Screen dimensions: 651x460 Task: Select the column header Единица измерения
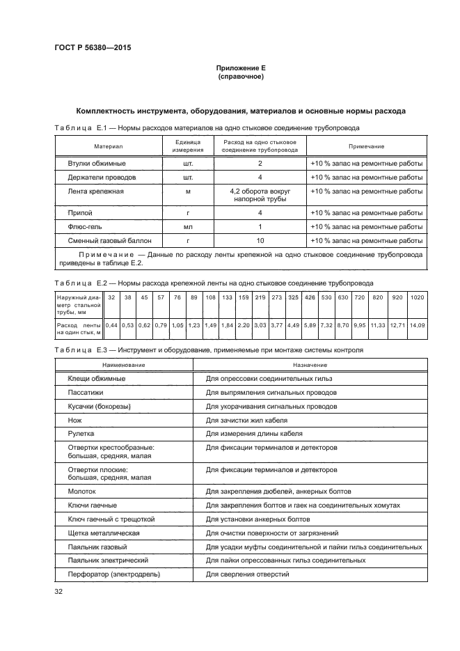point(183,146)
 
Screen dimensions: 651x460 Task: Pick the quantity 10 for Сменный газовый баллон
point(260,240)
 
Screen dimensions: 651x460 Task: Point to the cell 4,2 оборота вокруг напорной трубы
point(260,195)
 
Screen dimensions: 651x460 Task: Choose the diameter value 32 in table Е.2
point(111,297)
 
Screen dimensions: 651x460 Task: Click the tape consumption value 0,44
point(111,324)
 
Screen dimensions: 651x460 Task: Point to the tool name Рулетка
point(81,433)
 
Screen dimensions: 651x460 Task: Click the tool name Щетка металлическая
point(104,533)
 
